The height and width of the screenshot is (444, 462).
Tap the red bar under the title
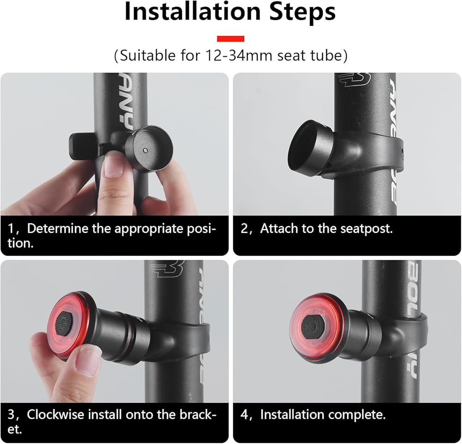point(231,39)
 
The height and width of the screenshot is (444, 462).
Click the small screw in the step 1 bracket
point(145,150)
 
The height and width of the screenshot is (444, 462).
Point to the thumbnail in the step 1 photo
point(114,166)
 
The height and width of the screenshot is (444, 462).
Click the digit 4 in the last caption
point(244,415)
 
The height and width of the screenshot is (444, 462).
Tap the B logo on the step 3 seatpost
point(167,269)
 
